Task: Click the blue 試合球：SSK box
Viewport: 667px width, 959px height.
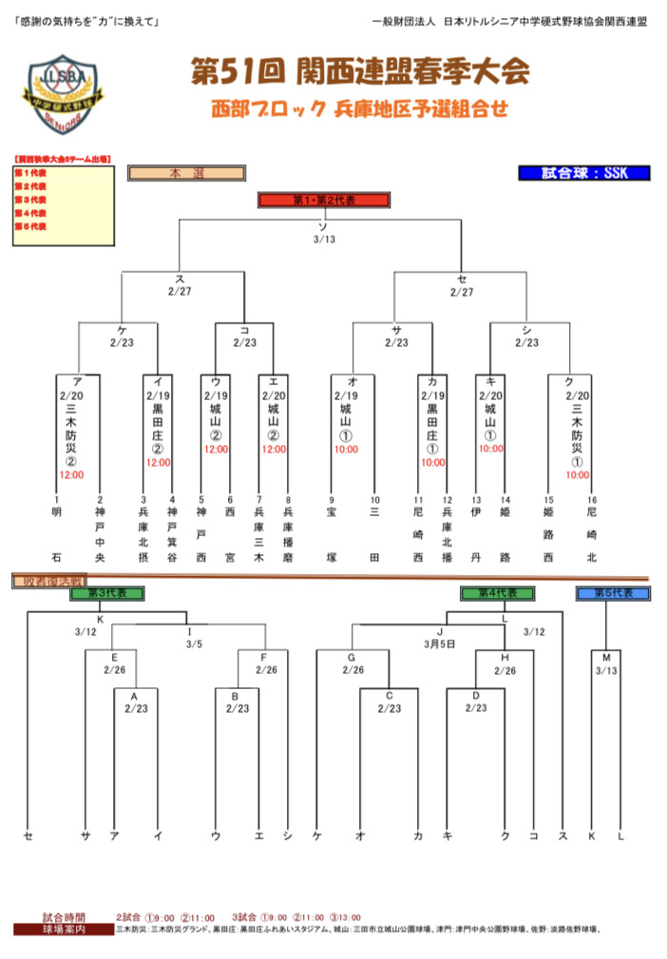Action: (x=584, y=173)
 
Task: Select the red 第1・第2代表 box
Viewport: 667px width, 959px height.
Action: (x=323, y=201)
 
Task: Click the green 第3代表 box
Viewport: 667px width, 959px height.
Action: (x=106, y=593)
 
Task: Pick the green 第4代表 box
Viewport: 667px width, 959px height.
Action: (x=497, y=593)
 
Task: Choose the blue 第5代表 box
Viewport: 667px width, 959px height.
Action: (x=613, y=593)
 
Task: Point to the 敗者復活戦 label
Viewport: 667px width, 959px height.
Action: (x=48, y=581)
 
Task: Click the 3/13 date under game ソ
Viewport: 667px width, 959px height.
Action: (x=324, y=239)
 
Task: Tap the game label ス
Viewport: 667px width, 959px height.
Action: (x=180, y=278)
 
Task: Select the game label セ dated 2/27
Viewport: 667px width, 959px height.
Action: (x=462, y=278)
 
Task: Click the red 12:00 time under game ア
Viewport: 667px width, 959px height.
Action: (x=72, y=473)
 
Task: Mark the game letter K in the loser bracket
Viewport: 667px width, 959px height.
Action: (x=99, y=619)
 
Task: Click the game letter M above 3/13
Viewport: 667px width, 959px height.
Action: (x=606, y=657)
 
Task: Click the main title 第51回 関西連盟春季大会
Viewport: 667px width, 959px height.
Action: (x=359, y=71)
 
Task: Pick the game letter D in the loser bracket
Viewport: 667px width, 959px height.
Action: (x=476, y=695)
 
